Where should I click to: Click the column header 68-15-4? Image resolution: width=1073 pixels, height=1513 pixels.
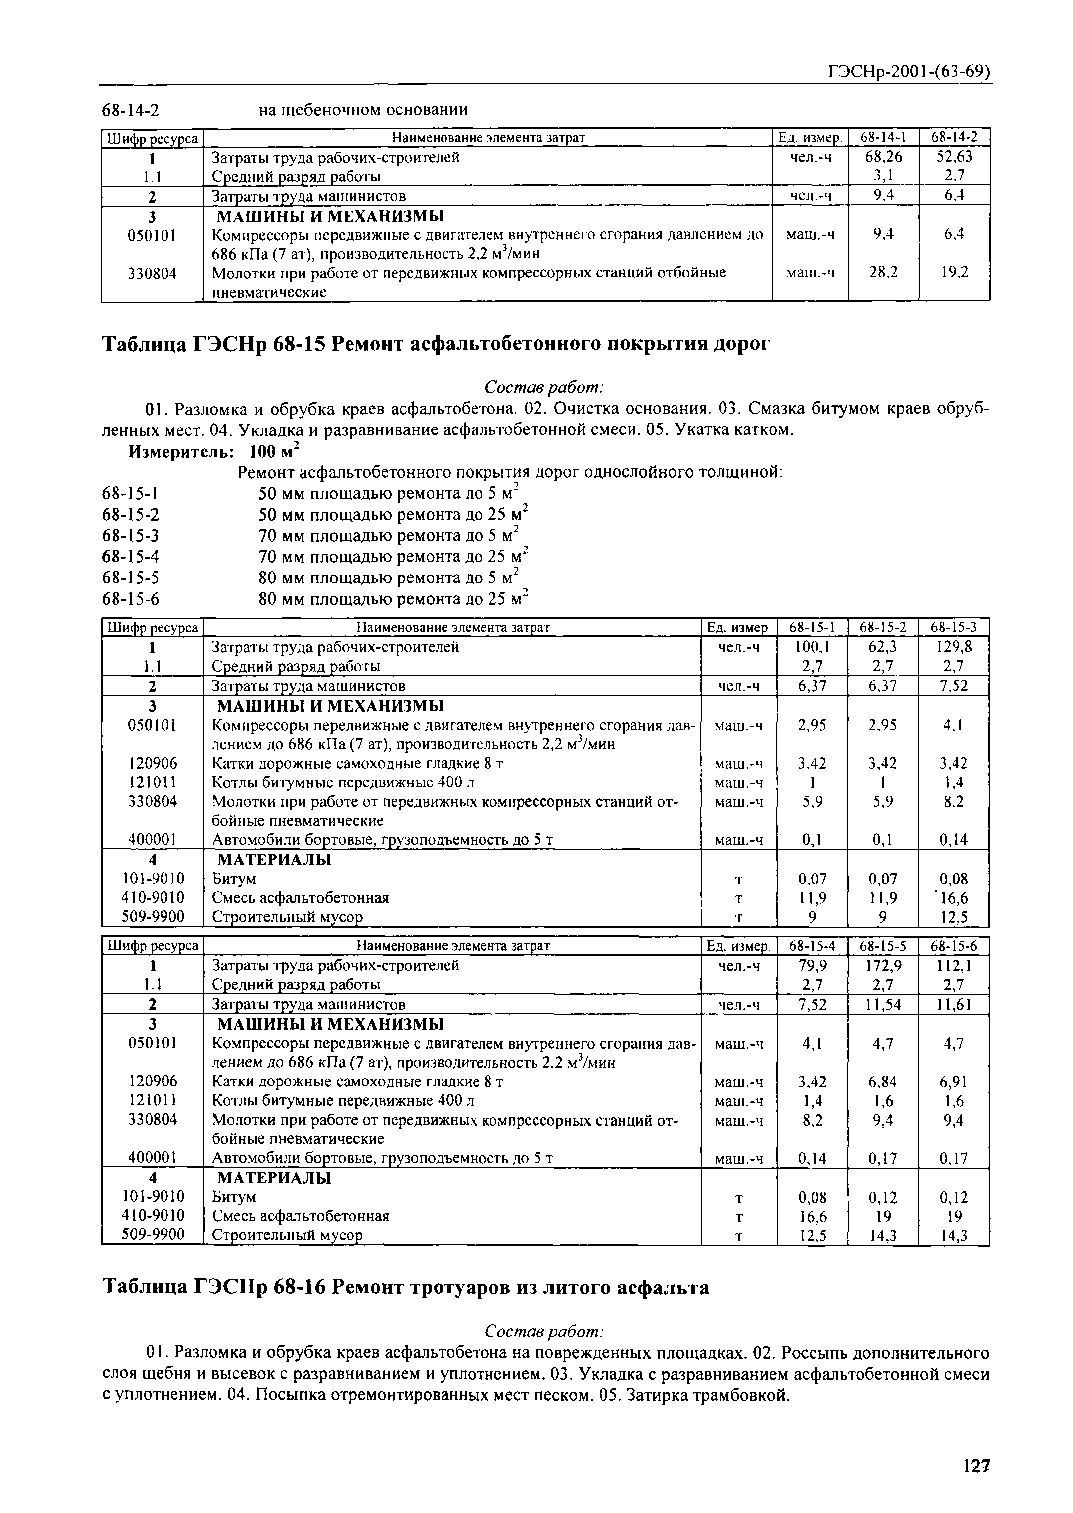(x=812, y=946)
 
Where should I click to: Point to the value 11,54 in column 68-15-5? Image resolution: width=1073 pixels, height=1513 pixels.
(x=883, y=1005)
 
